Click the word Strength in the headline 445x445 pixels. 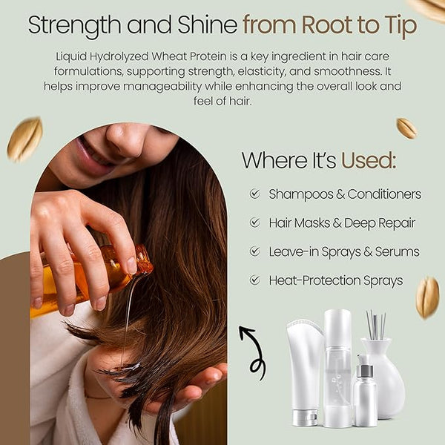pyautogui.click(x=74, y=25)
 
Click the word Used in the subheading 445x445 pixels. pyautogui.click(x=369, y=160)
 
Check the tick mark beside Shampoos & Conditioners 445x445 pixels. pyautogui.click(x=254, y=194)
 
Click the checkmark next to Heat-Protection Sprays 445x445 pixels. pyautogui.click(x=254, y=280)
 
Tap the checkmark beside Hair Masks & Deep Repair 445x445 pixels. pyautogui.click(x=254, y=222)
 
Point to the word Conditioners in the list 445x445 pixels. pyautogui.click(x=384, y=194)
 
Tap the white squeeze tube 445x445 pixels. pyautogui.click(x=305, y=372)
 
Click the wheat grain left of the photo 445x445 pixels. pyautogui.click(x=24, y=139)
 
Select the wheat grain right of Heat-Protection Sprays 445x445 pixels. pyautogui.click(x=427, y=297)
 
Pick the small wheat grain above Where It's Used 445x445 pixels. pyautogui.click(x=406, y=128)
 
